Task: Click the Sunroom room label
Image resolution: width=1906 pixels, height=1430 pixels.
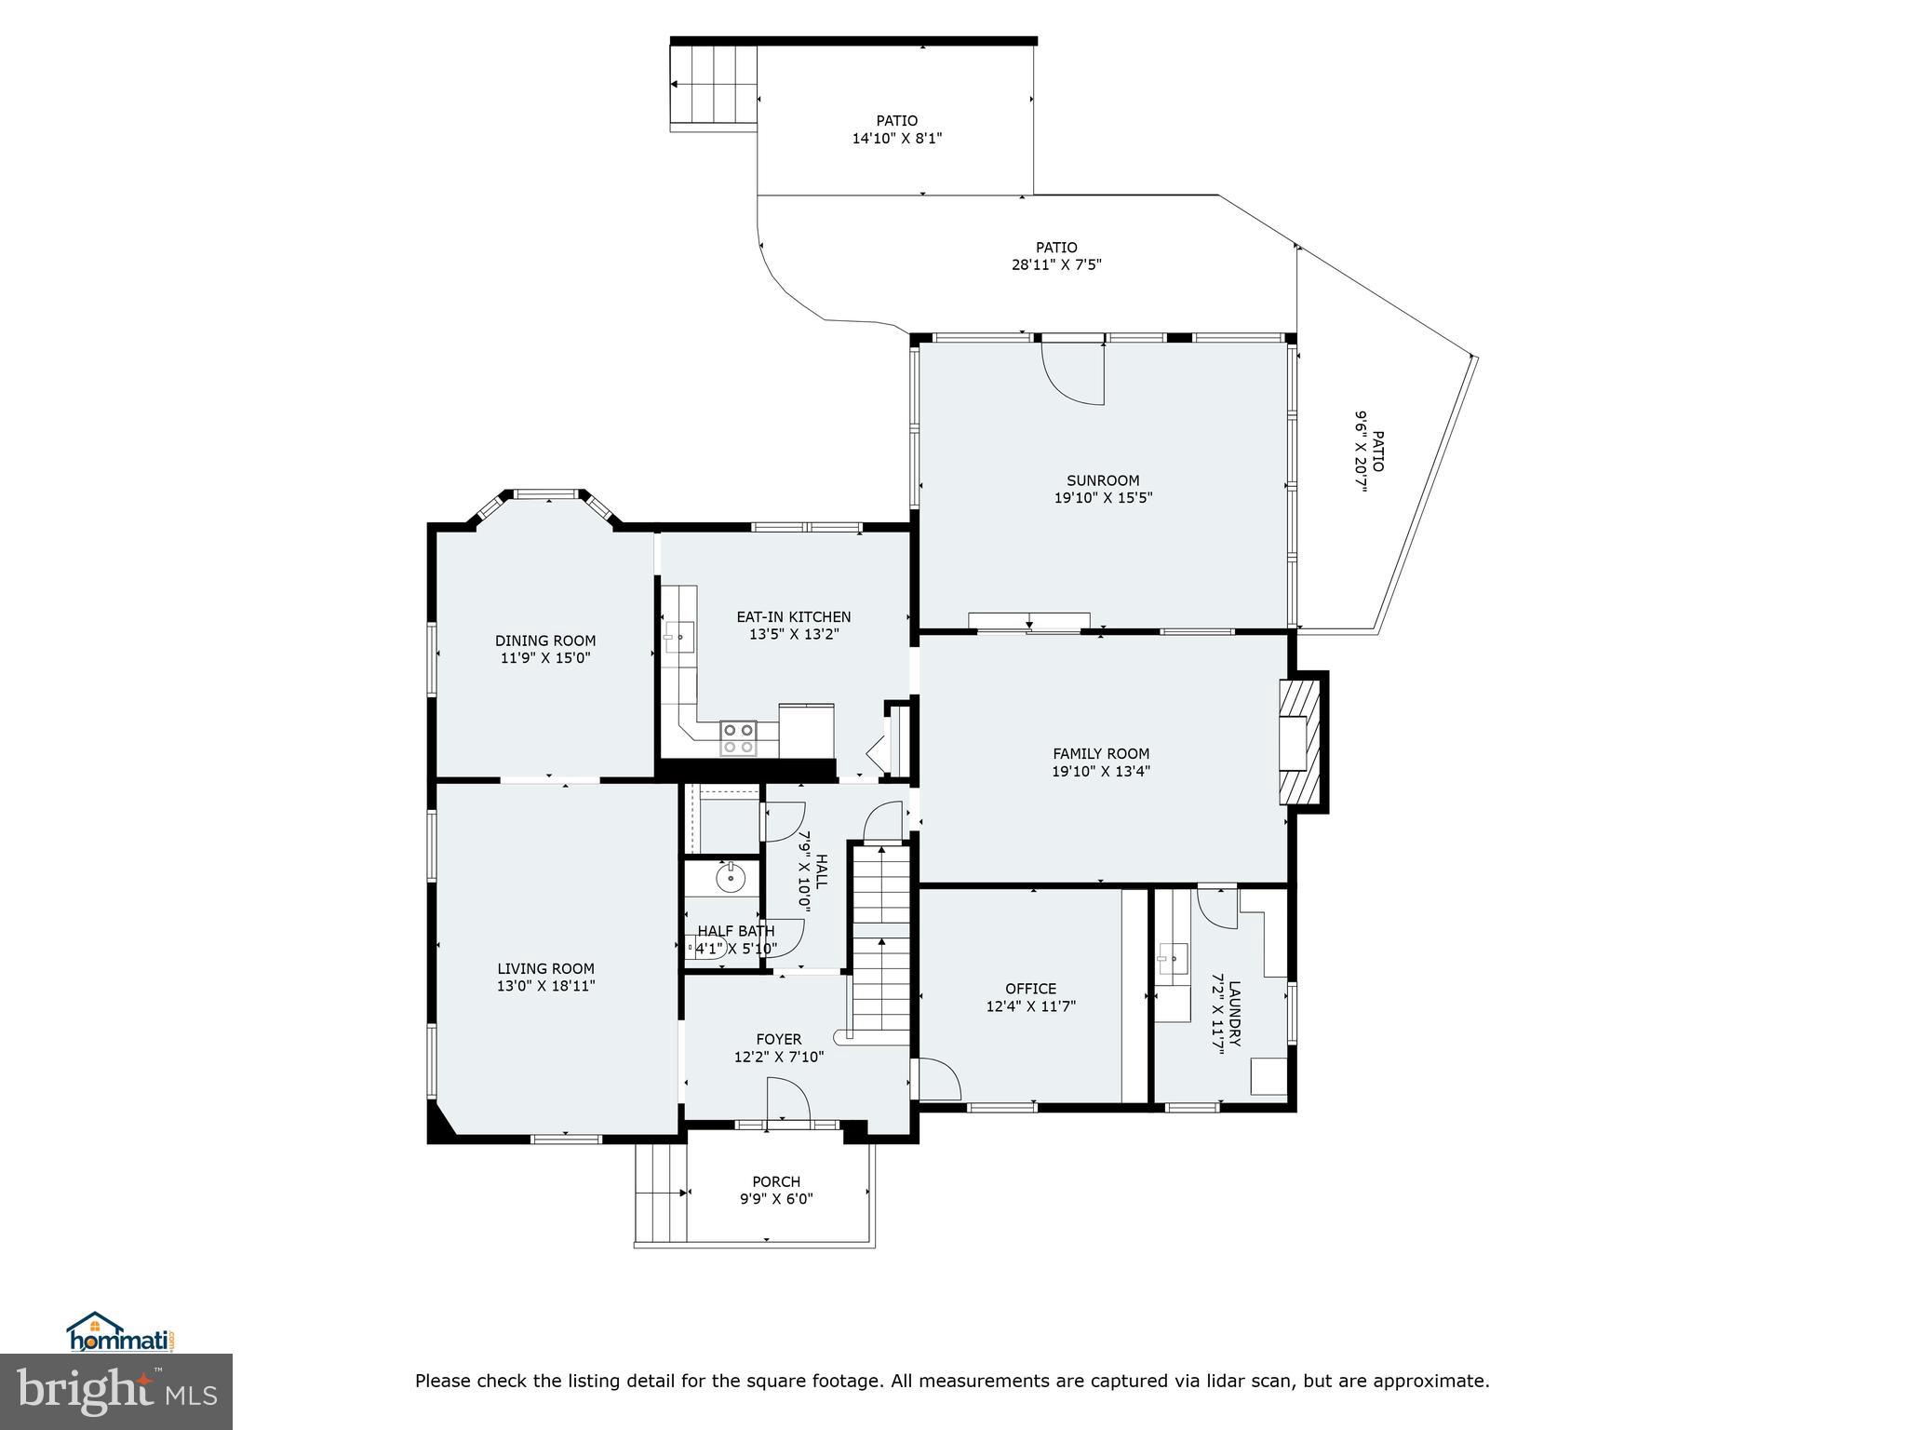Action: click(x=1103, y=480)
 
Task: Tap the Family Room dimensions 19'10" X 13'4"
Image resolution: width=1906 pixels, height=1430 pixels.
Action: click(x=1101, y=771)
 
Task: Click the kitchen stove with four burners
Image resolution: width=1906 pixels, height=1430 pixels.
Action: click(x=738, y=738)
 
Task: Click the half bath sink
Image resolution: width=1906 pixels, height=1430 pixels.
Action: click(x=731, y=876)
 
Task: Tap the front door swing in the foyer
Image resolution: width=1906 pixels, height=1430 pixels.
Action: click(x=788, y=1102)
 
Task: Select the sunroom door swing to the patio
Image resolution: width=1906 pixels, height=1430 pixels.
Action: click(x=1073, y=373)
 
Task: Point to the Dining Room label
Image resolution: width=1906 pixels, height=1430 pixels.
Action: click(x=545, y=641)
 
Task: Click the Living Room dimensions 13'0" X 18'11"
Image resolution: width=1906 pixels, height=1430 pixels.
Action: click(x=545, y=986)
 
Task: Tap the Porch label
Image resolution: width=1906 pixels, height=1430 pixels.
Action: click(x=776, y=1182)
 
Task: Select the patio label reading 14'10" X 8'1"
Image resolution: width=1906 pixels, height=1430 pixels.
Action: click(x=896, y=139)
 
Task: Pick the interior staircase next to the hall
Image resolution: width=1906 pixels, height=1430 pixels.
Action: click(x=880, y=940)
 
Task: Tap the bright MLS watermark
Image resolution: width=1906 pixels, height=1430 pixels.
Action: click(x=116, y=1391)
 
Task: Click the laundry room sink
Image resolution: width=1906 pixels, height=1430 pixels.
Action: click(x=1174, y=956)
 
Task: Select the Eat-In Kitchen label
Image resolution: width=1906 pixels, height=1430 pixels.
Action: click(x=793, y=616)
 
